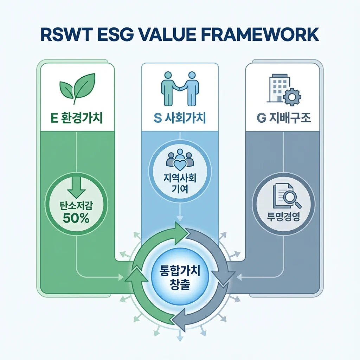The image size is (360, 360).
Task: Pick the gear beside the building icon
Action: [x=292, y=97]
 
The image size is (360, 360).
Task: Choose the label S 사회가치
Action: [x=180, y=118]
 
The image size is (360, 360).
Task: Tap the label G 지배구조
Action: [x=284, y=118]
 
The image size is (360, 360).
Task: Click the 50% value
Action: [x=76, y=218]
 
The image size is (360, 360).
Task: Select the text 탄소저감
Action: [x=76, y=206]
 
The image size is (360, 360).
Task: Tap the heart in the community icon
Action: [x=180, y=164]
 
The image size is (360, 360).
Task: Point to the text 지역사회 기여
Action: [x=180, y=183]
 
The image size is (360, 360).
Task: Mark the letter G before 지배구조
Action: [x=261, y=118]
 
